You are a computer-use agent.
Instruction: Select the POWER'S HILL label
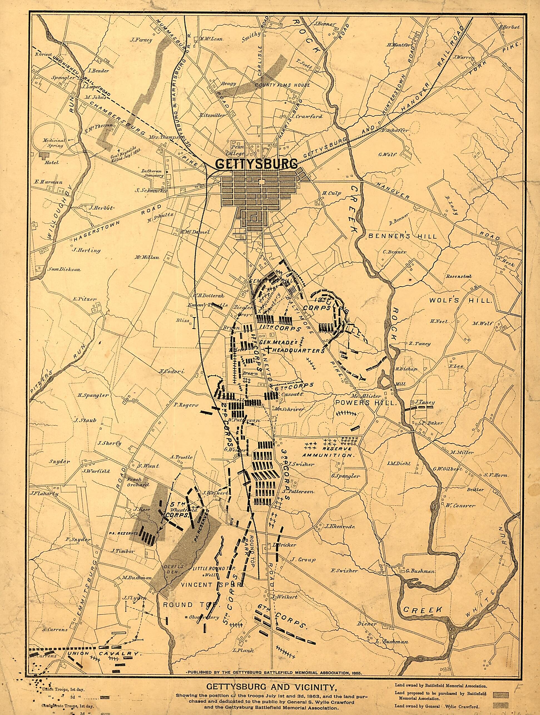coord(365,403)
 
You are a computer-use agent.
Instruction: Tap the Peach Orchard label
coord(138,482)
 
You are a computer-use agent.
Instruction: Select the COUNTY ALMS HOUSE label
coord(282,85)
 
